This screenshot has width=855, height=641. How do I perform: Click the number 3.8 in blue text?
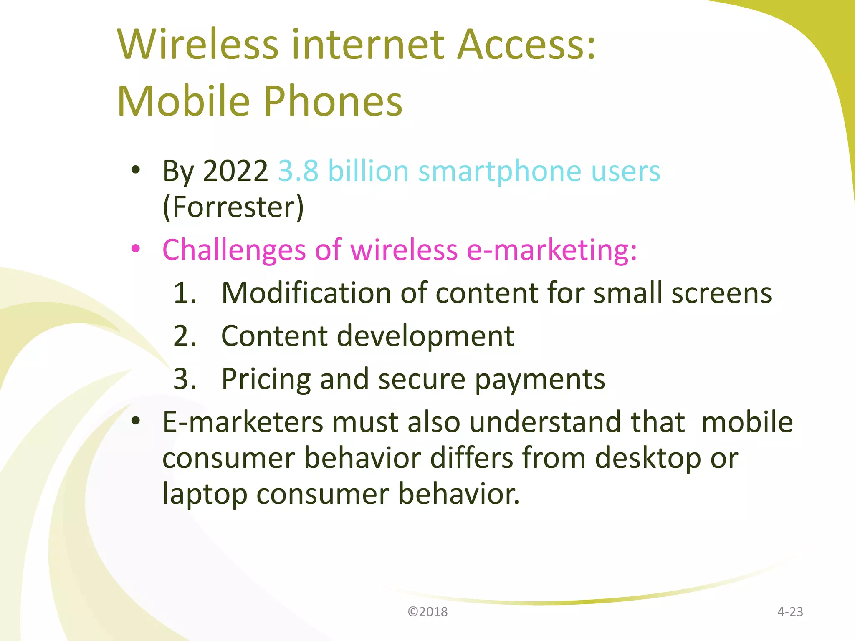pyautogui.click(x=298, y=171)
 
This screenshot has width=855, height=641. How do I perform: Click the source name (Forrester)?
pyautogui.click(x=233, y=207)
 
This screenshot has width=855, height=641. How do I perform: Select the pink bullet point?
pyautogui.click(x=135, y=249)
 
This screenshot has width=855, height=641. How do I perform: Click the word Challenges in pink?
pyautogui.click(x=234, y=250)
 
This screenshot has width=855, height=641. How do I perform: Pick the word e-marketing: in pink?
pyautogui.click(x=551, y=250)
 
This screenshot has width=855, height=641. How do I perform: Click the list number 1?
pyautogui.click(x=185, y=293)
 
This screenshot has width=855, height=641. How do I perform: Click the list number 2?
pyautogui.click(x=185, y=336)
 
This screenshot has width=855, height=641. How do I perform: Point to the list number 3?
pyautogui.click(x=185, y=379)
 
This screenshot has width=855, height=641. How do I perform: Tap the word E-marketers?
pyautogui.click(x=243, y=422)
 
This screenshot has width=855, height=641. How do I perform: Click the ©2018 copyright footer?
pyautogui.click(x=427, y=612)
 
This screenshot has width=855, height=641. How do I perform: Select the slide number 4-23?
pyautogui.click(x=790, y=612)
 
